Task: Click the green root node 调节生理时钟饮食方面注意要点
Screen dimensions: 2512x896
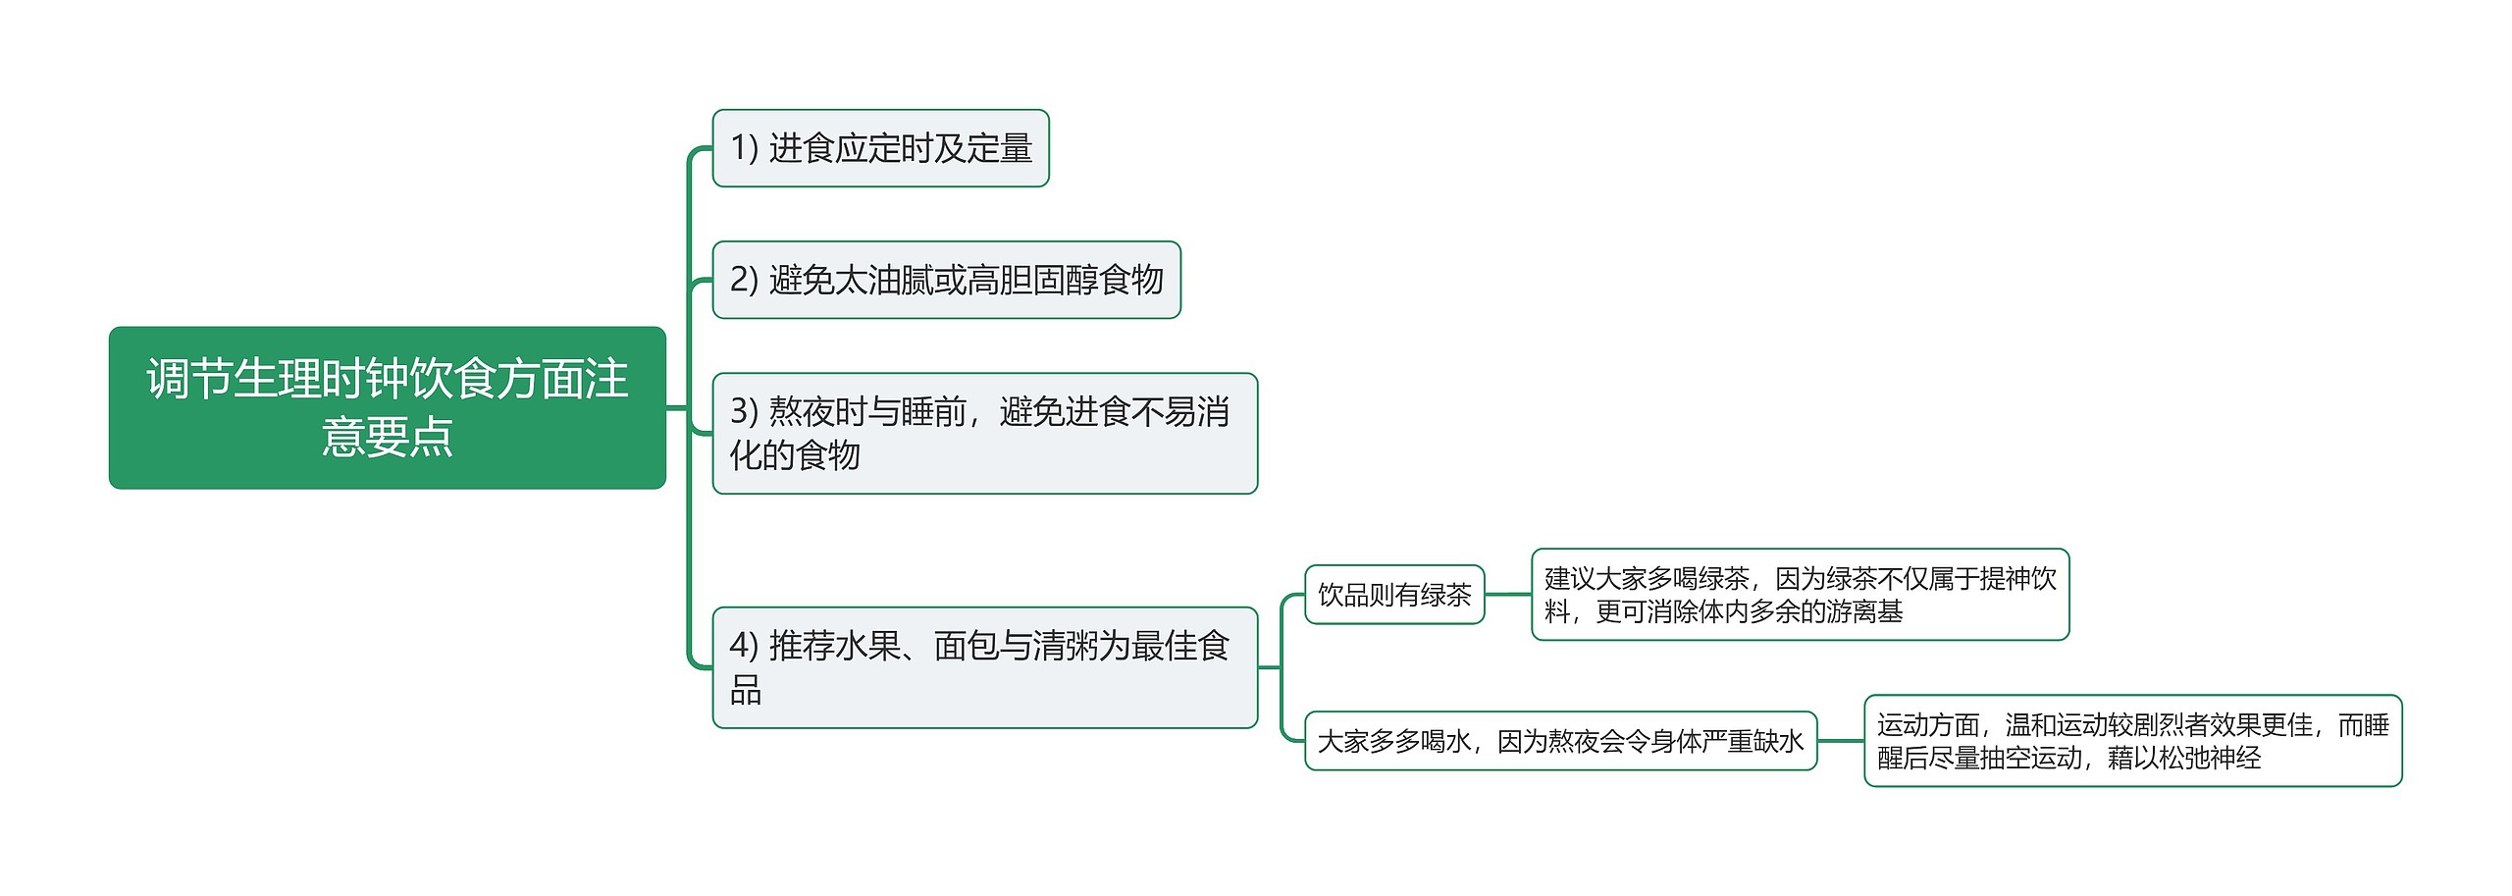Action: [x=388, y=407]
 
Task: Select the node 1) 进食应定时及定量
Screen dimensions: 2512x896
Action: [x=880, y=148]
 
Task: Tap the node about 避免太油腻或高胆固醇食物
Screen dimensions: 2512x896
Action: [x=946, y=280]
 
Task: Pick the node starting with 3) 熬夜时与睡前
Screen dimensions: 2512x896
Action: [x=984, y=433]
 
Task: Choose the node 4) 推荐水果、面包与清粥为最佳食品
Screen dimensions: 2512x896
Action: [x=984, y=667]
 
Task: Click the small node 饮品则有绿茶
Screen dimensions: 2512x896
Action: [x=1394, y=595]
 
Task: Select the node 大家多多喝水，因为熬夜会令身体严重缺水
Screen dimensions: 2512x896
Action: [x=1560, y=741]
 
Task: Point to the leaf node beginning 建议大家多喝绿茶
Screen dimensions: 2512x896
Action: [x=1800, y=595]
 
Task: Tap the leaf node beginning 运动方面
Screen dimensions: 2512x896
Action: [x=2132, y=741]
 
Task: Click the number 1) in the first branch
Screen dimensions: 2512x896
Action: [x=745, y=148]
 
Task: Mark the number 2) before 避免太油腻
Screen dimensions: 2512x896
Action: [x=745, y=280]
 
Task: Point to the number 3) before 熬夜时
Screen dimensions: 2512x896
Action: [x=745, y=411]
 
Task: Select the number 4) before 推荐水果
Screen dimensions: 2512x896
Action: [x=745, y=646]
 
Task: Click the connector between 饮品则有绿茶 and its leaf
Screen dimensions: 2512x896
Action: [x=1508, y=595]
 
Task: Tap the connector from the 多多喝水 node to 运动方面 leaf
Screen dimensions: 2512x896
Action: [x=1840, y=741]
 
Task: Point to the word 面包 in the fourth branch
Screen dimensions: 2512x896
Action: [x=967, y=646]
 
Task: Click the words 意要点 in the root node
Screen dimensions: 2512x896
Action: [x=388, y=437]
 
